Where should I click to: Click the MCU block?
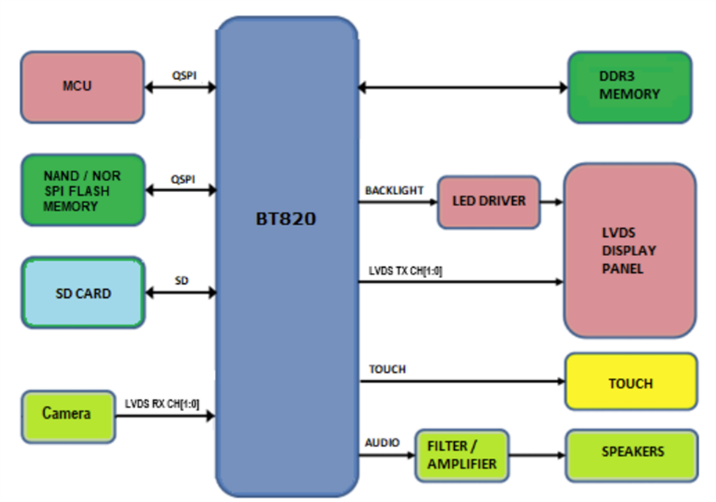82,86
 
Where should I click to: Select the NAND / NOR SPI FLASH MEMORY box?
82,190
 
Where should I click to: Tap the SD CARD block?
83,293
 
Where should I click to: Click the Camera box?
67,414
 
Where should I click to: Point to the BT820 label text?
286,219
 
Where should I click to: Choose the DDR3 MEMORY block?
629,87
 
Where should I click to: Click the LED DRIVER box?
489,201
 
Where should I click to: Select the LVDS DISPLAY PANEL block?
629,251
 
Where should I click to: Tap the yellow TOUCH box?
630,383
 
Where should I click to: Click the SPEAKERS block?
631,452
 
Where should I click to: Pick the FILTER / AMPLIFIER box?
462,456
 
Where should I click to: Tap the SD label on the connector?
181,280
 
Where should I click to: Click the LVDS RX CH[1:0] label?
163,403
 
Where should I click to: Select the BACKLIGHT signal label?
394,190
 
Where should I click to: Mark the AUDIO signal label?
382,442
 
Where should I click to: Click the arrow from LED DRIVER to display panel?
552,202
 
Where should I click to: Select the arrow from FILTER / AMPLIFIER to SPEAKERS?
536,456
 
